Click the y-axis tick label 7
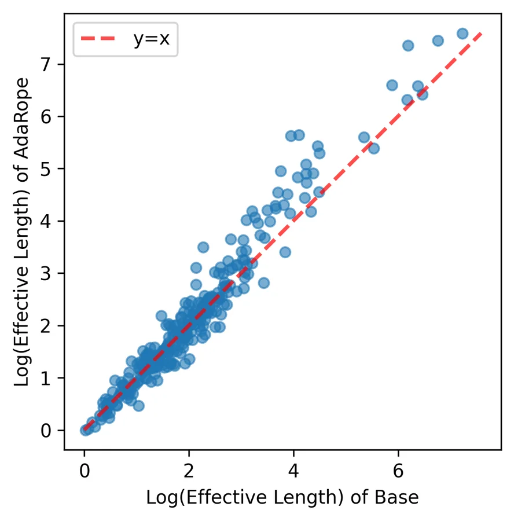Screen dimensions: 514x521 46,64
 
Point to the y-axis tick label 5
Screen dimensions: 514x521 46,169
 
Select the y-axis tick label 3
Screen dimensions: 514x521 46,273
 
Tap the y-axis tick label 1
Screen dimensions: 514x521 46,378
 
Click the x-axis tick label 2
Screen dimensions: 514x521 189,471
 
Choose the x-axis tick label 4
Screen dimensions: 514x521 293,471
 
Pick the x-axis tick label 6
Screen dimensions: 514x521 398,471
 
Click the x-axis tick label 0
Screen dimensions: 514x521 85,471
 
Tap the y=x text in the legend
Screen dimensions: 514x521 152,39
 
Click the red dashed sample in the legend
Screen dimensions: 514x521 98,39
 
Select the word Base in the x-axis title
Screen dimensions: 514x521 396,497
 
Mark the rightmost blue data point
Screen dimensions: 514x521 462,34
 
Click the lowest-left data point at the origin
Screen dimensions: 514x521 85,431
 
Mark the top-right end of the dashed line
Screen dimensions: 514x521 481,33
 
